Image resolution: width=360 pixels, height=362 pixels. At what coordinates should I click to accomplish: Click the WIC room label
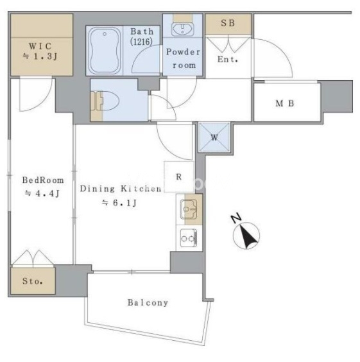click(x=39, y=46)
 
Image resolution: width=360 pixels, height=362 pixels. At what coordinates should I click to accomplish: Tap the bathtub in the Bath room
click(x=105, y=51)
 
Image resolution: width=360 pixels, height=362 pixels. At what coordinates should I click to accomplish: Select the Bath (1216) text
click(x=141, y=37)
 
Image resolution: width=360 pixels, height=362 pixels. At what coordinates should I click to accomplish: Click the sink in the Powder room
click(x=182, y=30)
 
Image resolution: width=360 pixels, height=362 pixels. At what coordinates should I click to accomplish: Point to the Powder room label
click(x=184, y=58)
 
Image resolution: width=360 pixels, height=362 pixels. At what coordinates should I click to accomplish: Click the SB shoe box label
click(x=228, y=23)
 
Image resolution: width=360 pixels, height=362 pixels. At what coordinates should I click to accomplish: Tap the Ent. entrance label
click(x=228, y=59)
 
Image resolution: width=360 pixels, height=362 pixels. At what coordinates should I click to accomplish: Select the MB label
click(x=285, y=103)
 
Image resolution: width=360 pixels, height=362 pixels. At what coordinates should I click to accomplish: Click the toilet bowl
click(x=108, y=101)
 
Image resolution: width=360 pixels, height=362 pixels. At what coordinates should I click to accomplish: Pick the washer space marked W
click(x=214, y=137)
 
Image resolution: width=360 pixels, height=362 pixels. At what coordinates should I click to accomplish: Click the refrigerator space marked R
click(x=179, y=177)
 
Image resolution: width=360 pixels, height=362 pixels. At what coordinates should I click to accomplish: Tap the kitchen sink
click(x=189, y=209)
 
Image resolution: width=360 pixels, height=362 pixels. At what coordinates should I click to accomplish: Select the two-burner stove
click(x=189, y=238)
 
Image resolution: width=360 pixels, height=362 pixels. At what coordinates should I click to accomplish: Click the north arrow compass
click(x=246, y=236)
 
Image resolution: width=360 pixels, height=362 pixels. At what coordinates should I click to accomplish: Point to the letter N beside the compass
click(x=236, y=218)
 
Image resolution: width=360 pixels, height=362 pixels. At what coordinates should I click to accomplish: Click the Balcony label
click(x=148, y=303)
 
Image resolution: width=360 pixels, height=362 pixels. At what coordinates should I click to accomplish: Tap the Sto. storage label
click(x=33, y=281)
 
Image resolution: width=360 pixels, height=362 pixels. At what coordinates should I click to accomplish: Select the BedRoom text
click(x=43, y=180)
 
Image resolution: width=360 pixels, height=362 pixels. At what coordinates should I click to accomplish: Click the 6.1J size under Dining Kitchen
click(x=119, y=203)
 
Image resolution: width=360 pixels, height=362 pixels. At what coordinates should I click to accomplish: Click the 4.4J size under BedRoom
click(x=42, y=193)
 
